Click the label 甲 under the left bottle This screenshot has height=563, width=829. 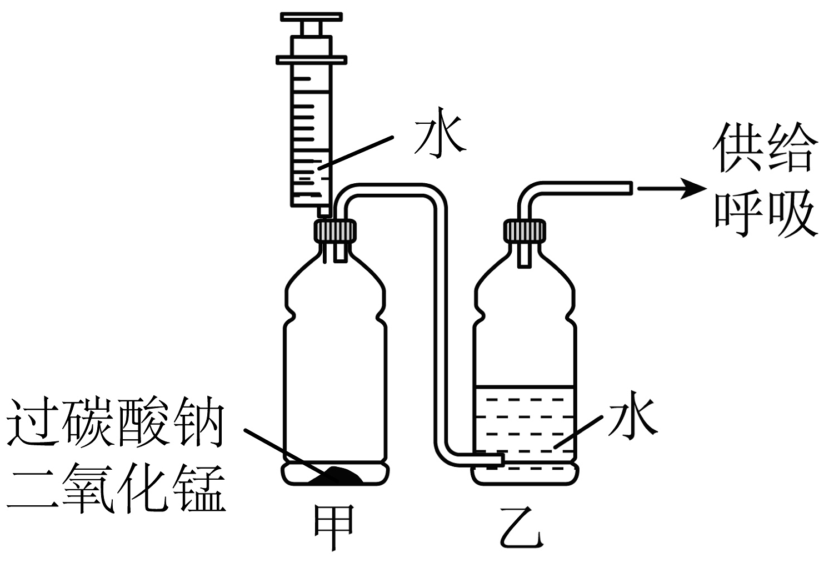pyautogui.click(x=334, y=528)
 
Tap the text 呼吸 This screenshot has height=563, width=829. pyautogui.click(x=766, y=213)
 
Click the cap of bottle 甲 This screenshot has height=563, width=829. pyautogui.click(x=335, y=230)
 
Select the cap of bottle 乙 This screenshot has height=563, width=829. pyautogui.click(x=524, y=230)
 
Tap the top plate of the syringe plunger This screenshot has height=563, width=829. pyautogui.click(x=311, y=17)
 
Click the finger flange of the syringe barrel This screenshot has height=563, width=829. pyautogui.click(x=311, y=59)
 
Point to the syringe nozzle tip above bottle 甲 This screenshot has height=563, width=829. pyautogui.click(x=323, y=212)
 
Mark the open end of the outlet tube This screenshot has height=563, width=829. pyautogui.click(x=631, y=189)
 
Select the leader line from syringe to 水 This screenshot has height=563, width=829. pyautogui.click(x=356, y=150)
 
